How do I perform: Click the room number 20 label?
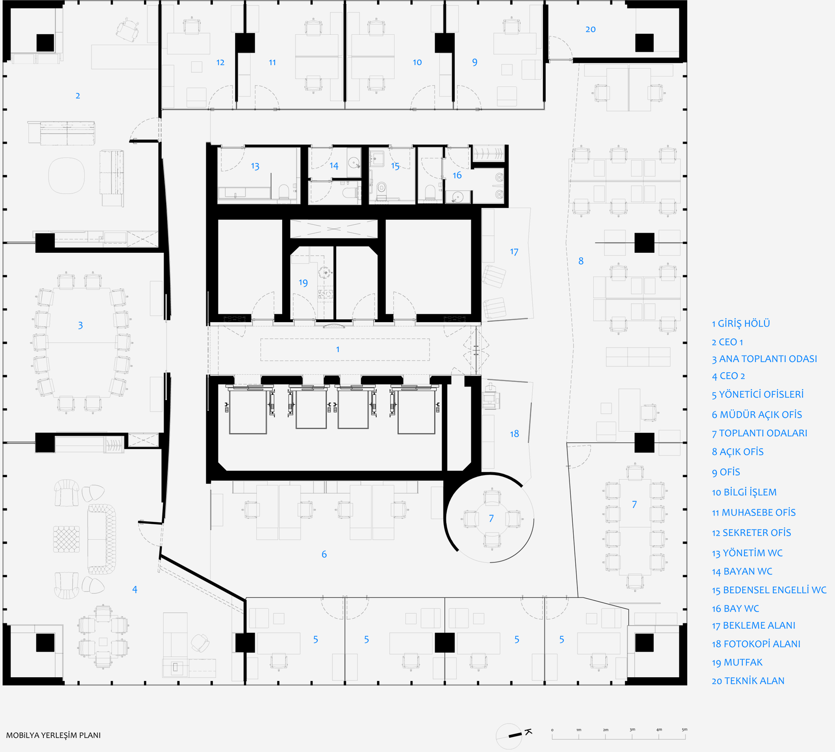(x=590, y=29)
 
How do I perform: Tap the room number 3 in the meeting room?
(x=80, y=325)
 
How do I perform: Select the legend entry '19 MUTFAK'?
(x=737, y=662)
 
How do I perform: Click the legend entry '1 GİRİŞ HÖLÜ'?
(x=741, y=323)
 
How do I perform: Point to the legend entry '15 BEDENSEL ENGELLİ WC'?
(x=769, y=590)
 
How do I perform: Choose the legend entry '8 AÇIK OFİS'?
(x=738, y=452)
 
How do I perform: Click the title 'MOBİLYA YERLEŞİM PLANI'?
(x=53, y=735)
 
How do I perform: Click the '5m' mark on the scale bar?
(x=684, y=729)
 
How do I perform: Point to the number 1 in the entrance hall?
(x=338, y=349)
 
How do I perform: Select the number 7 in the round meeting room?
(x=491, y=518)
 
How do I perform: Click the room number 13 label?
(x=255, y=166)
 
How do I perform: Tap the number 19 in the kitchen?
(x=303, y=283)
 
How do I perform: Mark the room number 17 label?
(x=514, y=252)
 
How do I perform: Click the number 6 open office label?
(x=324, y=554)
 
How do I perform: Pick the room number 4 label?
(x=134, y=589)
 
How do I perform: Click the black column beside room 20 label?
(x=644, y=43)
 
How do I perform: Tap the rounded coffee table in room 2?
(x=66, y=175)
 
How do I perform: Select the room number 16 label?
(x=457, y=175)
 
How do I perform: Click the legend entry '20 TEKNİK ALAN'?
(x=748, y=681)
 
